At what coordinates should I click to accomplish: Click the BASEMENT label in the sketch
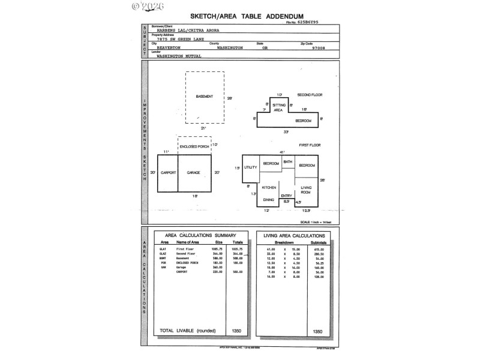[205, 97]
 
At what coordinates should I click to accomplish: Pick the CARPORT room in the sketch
[168, 173]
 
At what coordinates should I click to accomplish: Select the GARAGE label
[193, 173]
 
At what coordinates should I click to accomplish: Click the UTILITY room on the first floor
[251, 167]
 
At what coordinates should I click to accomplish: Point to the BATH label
[287, 162]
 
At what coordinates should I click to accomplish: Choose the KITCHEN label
[268, 187]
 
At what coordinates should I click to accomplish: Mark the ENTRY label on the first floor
[286, 196]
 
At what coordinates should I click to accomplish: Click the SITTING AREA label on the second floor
[278, 107]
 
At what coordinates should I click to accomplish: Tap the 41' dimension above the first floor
[281, 152]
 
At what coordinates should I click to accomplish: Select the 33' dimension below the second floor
[286, 131]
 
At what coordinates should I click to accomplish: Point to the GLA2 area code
[163, 254]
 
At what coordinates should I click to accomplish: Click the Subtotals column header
[318, 242]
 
